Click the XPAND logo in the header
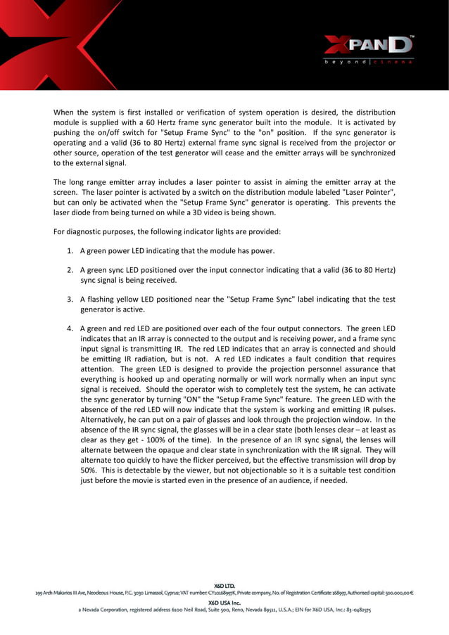tap(368, 46)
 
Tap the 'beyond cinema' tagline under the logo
tap(368, 62)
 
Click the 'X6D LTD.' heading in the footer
tap(224, 585)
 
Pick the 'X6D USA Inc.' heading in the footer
tap(224, 603)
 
